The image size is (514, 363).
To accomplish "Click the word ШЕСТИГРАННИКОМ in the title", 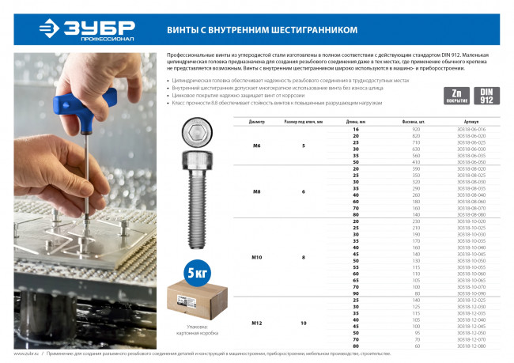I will pyautogui.click(x=311, y=29).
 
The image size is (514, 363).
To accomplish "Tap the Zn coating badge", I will pyautogui.click(x=455, y=95).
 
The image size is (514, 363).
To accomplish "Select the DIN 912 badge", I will pyautogui.click(x=485, y=95).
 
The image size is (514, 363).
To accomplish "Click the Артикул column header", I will pyautogui.click(x=472, y=122).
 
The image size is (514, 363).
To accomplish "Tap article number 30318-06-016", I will pyautogui.click(x=472, y=128).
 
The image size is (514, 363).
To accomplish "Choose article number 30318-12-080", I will pyautogui.click(x=472, y=346).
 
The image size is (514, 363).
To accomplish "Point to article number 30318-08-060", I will pyautogui.click(x=472, y=201).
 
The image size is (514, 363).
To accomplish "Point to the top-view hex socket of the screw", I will pyautogui.click(x=195, y=135).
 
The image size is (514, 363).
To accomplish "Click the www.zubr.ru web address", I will pyautogui.click(x=27, y=354).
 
